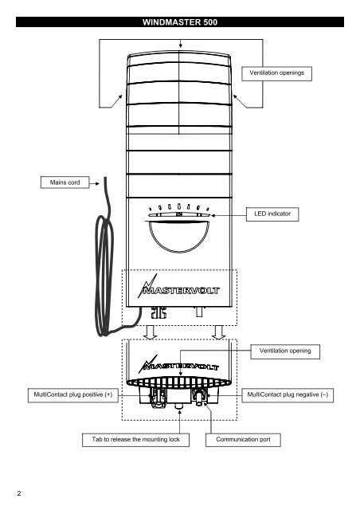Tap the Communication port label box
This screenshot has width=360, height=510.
click(241, 439)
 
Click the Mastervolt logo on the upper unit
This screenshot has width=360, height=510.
click(179, 281)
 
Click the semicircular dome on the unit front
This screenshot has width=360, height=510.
click(179, 237)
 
